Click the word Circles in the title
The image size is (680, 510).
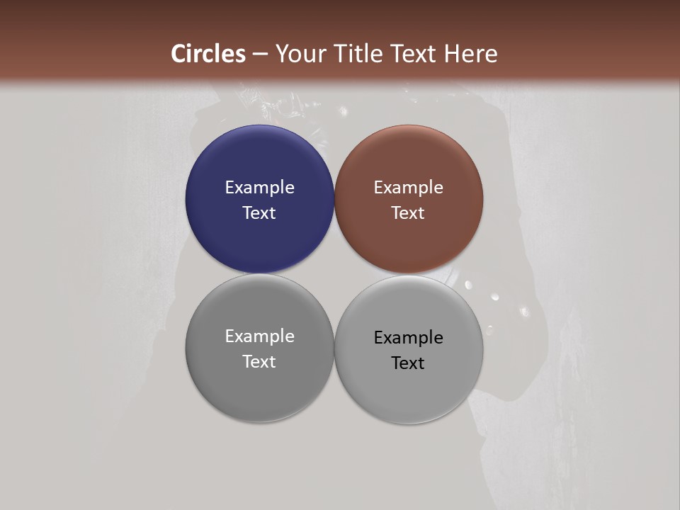(208, 54)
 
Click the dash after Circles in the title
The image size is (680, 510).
(260, 55)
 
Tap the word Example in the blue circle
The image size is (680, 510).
(259, 188)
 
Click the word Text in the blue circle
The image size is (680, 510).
(259, 213)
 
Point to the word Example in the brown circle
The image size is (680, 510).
(409, 188)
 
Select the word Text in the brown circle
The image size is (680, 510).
(409, 213)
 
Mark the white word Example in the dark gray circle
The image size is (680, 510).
(259, 336)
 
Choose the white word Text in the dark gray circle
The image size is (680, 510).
(259, 362)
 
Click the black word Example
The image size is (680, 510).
(409, 338)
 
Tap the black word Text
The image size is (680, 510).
(409, 363)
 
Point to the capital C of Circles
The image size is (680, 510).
(178, 54)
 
